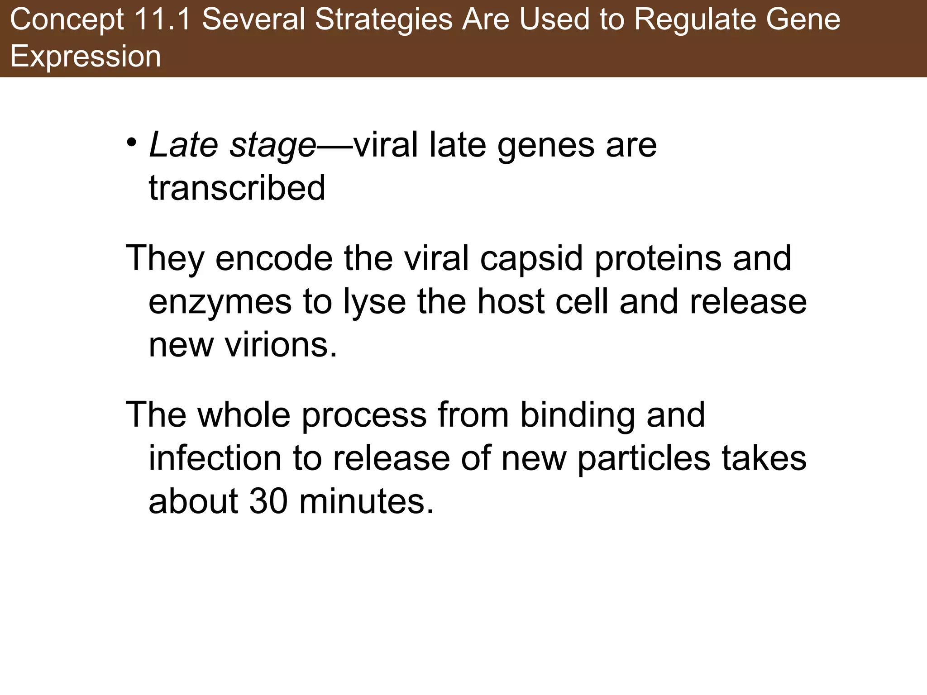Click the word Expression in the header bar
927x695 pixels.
86,57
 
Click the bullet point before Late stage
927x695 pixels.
131,143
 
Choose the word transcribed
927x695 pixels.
237,188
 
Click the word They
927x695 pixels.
164,258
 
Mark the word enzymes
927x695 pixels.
220,303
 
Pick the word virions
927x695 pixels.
281,345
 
